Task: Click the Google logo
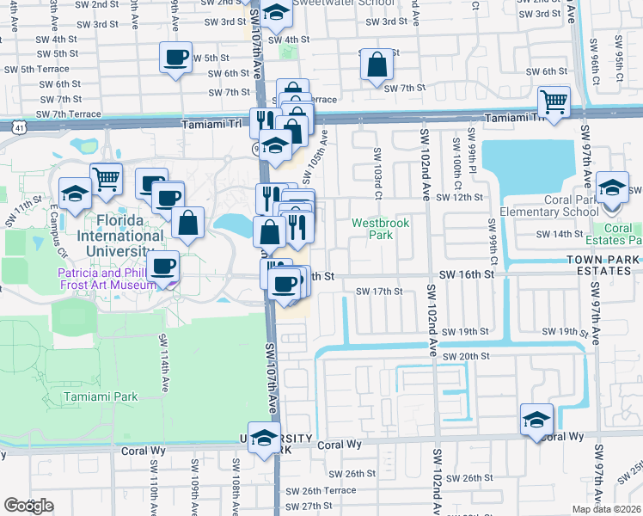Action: pyautogui.click(x=29, y=506)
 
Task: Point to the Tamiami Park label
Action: pyautogui.click(x=98, y=396)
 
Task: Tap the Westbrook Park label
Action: pyautogui.click(x=381, y=228)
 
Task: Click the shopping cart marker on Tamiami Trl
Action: pyautogui.click(x=554, y=102)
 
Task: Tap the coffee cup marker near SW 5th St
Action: pyautogui.click(x=175, y=59)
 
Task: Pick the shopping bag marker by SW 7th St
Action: pyautogui.click(x=377, y=64)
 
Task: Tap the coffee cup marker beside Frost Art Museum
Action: pyautogui.click(x=162, y=267)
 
